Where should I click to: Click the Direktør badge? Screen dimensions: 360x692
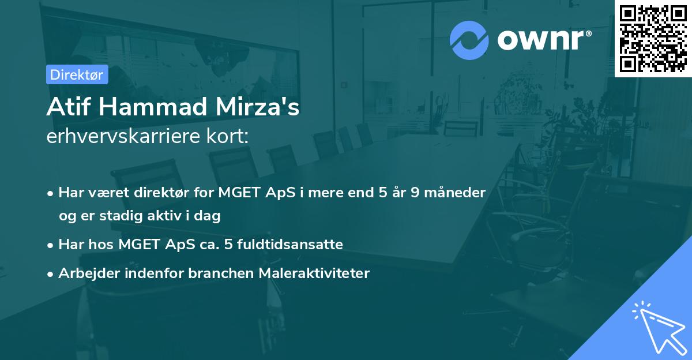click(x=77, y=74)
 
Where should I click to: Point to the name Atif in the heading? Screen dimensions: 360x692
click(x=65, y=108)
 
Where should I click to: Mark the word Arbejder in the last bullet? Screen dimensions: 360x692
click(x=85, y=273)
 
